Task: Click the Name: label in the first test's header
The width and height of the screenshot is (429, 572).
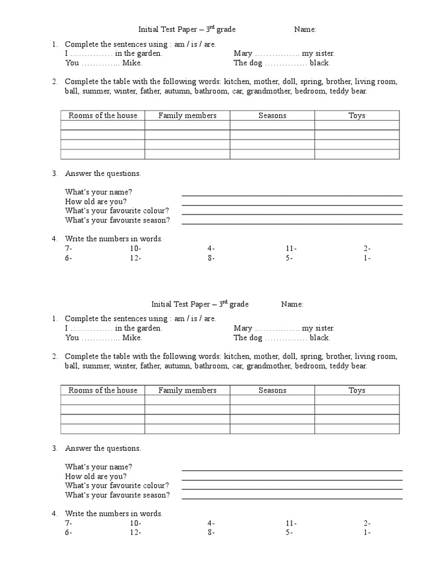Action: [306, 29]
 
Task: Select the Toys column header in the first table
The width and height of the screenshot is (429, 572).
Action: [356, 116]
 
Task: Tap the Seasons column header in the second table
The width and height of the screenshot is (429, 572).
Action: [272, 390]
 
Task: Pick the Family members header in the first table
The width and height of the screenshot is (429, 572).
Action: [187, 116]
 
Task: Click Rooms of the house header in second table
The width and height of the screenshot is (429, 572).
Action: [103, 390]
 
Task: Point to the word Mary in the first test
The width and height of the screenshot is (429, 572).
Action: [243, 54]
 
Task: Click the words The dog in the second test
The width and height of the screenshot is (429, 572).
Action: [248, 338]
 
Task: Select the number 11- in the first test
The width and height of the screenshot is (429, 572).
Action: [290, 249]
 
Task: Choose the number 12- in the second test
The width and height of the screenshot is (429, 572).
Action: [135, 533]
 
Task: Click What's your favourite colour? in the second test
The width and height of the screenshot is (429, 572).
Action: [117, 486]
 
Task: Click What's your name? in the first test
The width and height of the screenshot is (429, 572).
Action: [98, 192]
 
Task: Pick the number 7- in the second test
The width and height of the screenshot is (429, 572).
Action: [69, 523]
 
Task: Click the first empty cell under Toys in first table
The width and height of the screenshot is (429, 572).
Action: [356, 125]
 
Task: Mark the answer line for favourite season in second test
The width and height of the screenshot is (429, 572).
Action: [292, 499]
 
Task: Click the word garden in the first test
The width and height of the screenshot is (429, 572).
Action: [149, 54]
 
